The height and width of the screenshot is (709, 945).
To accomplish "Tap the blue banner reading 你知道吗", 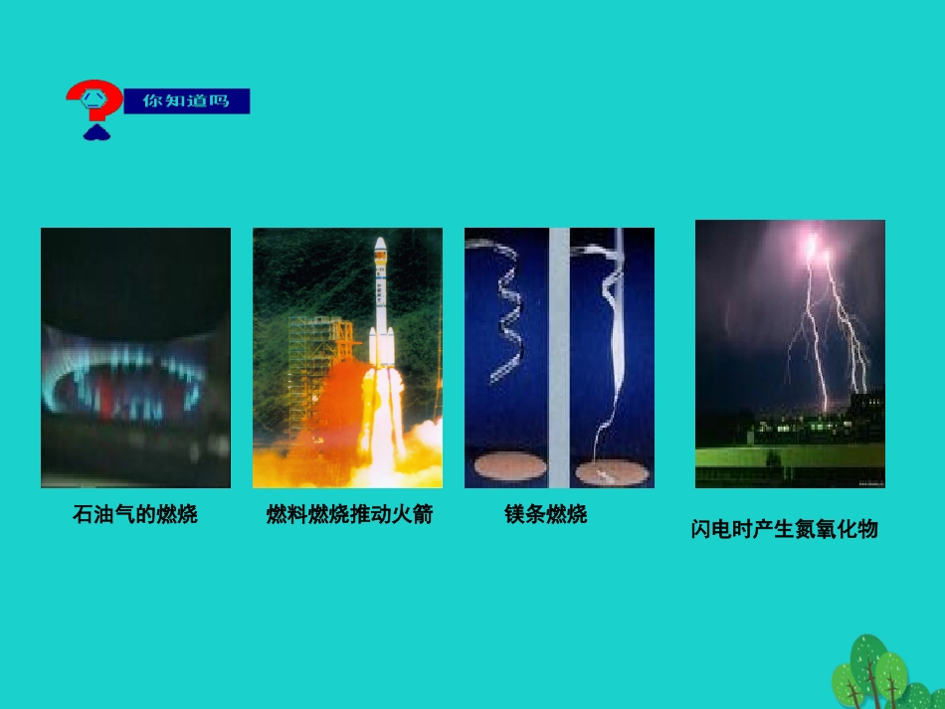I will click(x=186, y=101).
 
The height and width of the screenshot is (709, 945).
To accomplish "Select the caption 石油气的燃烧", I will click(x=135, y=514).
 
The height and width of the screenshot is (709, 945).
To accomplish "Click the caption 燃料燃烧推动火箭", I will click(x=349, y=514).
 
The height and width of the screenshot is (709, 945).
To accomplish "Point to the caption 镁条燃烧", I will click(x=546, y=514).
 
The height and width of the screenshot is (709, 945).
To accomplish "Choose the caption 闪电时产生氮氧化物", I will click(x=785, y=529).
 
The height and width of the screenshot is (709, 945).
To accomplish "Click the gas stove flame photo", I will click(x=135, y=358).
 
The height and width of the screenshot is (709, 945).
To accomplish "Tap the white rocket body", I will click(x=379, y=308).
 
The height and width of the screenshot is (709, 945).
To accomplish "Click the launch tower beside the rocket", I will click(x=316, y=358).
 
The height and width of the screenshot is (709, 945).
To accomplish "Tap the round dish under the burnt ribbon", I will click(x=611, y=473).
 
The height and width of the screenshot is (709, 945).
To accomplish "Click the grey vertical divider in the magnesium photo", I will click(x=559, y=358).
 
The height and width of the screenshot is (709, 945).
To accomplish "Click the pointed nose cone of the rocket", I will click(x=379, y=245).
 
